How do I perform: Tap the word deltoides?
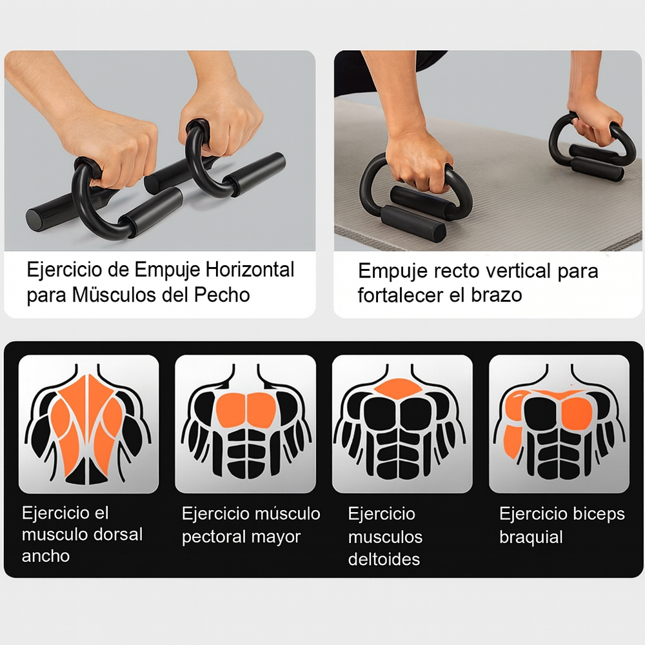384,559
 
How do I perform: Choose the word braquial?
531,537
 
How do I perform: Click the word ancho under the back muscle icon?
46,556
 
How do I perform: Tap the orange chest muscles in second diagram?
245,408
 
